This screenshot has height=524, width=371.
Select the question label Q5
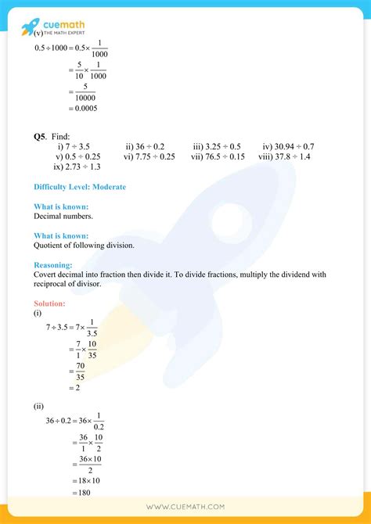[x=40, y=135]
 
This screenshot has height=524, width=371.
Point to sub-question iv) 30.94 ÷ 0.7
[x=288, y=146]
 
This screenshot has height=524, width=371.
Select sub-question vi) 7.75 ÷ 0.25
[x=149, y=156]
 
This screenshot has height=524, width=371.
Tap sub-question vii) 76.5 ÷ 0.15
[x=218, y=156]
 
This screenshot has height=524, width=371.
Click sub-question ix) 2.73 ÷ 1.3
[x=77, y=167]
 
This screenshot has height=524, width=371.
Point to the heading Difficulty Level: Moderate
[x=80, y=187]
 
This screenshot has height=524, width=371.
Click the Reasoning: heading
[x=53, y=265]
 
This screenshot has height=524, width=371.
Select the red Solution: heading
[x=50, y=303]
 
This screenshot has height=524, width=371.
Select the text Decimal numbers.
[x=63, y=216]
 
